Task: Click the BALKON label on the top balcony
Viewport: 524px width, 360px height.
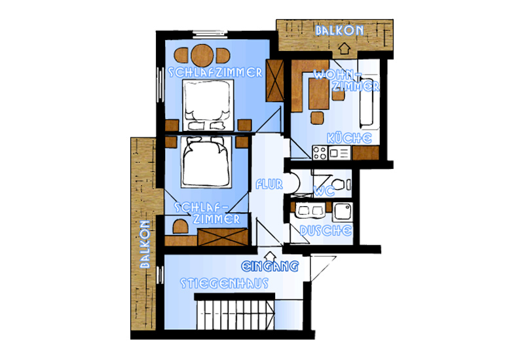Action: click(x=339, y=31)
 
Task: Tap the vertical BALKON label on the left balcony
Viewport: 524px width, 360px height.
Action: click(x=145, y=244)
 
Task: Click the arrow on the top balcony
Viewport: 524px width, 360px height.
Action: click(x=344, y=48)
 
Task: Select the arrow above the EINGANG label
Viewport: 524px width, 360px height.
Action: click(x=270, y=256)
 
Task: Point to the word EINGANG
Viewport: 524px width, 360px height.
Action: click(x=270, y=266)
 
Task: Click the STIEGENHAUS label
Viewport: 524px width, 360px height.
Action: click(x=224, y=283)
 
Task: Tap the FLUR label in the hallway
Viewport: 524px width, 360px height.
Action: click(x=269, y=185)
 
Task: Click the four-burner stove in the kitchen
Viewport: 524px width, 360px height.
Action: click(x=320, y=153)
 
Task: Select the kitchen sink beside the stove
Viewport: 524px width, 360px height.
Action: click(x=339, y=153)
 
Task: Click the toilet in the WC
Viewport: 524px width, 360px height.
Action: click(x=341, y=185)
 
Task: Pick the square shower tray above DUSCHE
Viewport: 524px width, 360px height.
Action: click(x=343, y=211)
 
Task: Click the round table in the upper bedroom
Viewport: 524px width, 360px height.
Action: click(x=202, y=56)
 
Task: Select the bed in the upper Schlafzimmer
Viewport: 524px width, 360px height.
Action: click(x=208, y=105)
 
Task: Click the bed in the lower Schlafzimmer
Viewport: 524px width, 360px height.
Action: click(x=206, y=162)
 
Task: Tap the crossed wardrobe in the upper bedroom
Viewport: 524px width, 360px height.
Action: click(x=274, y=81)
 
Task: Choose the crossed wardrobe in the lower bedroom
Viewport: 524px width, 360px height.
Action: click(x=223, y=237)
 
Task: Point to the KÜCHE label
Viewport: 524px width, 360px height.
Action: click(x=349, y=138)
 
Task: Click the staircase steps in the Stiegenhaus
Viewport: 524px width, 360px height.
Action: click(x=235, y=314)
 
